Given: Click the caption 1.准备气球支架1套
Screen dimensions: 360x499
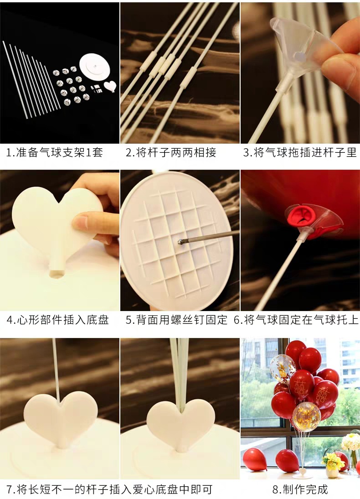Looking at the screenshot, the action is tap(55, 152).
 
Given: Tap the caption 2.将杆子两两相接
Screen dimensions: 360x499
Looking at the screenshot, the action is tap(171, 152).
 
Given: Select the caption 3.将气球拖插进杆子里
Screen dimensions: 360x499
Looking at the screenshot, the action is tap(300, 152).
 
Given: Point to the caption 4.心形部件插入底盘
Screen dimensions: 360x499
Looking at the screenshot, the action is tap(58, 319).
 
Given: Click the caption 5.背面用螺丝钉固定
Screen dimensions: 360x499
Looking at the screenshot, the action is tap(176, 319).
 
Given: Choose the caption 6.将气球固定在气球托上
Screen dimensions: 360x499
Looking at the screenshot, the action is tap(296, 319).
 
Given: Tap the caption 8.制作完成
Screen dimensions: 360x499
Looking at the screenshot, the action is tap(300, 489).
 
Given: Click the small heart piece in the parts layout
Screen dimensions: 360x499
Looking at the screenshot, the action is tap(110, 86).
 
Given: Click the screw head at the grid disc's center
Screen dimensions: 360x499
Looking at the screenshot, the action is tap(180, 242).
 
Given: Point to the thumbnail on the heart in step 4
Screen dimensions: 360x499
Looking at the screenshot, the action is tap(82, 223).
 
